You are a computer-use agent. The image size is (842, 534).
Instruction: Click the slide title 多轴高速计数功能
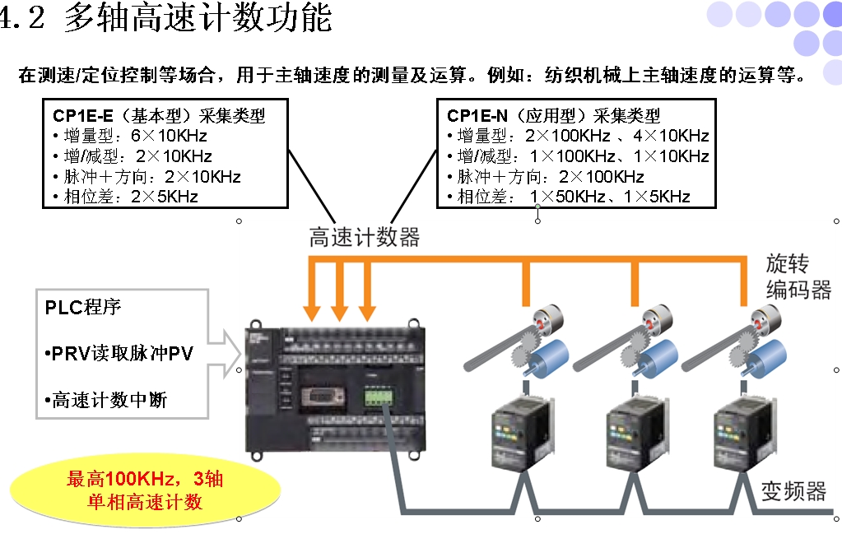pos(198,18)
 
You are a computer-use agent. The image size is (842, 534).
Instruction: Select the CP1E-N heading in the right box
pos(553,115)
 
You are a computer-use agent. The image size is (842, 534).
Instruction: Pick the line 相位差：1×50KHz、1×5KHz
pos(569,196)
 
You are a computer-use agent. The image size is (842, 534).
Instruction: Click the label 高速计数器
pos(365,237)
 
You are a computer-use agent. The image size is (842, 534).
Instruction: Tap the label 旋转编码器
pos(798,276)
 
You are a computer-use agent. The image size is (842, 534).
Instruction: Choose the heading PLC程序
pos(83,308)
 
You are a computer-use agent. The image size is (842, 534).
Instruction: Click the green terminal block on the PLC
pos(380,395)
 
